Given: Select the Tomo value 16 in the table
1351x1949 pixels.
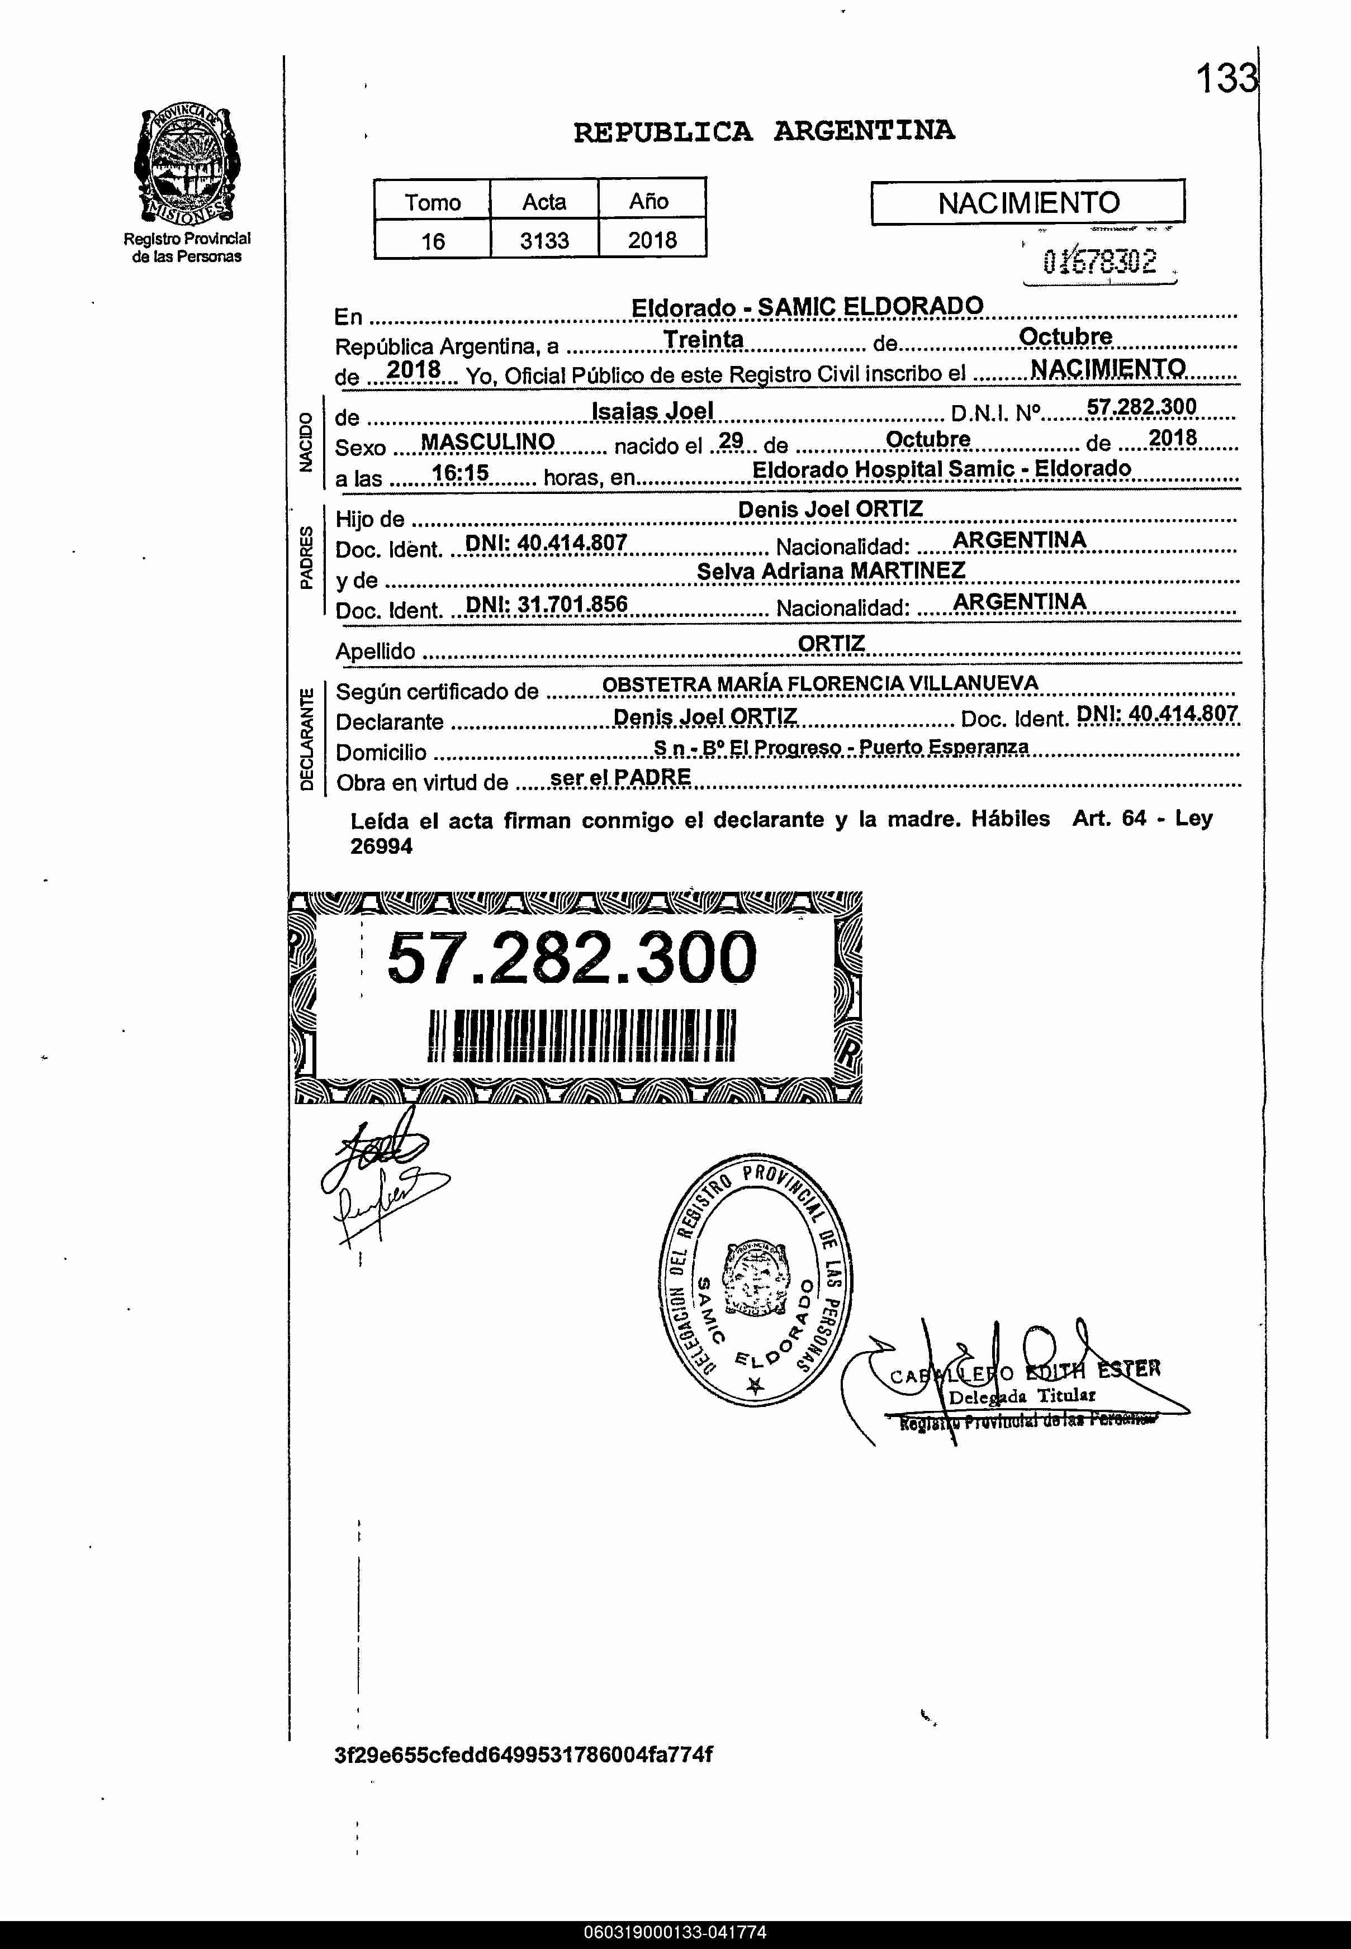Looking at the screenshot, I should point(433,241).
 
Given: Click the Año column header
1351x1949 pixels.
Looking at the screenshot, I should point(650,201).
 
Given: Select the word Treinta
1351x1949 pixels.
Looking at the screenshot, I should point(703,339).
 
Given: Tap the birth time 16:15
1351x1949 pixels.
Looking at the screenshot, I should point(461,473).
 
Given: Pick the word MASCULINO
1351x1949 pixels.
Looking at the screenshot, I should point(487,442).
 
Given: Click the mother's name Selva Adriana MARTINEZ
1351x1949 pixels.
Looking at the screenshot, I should point(831,571).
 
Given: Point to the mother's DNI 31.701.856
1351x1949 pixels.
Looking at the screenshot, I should point(547,604).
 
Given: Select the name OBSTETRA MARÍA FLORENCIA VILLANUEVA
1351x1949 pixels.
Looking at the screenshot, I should point(819,684).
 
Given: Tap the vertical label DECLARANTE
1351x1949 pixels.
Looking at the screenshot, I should point(306,739).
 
